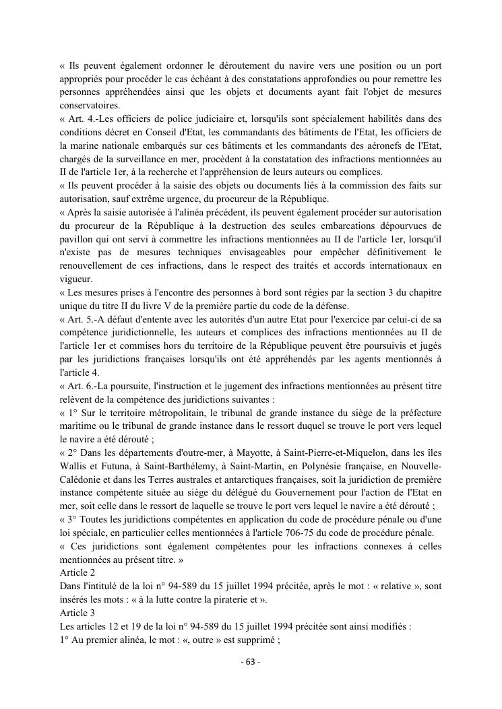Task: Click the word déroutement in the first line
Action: [x=243, y=65]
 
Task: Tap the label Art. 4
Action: [x=84, y=119]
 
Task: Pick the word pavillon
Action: [x=77, y=239]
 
